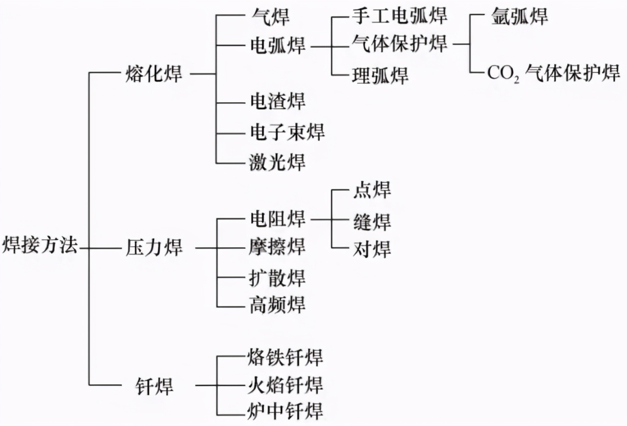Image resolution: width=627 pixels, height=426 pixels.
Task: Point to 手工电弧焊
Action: pos(399,16)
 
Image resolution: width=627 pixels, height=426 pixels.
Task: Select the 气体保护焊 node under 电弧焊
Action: pos(399,44)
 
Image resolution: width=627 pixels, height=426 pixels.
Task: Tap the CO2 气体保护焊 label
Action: pos(554,74)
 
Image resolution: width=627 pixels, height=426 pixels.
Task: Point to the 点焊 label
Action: pos(372,190)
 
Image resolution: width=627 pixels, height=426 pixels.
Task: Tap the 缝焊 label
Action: pos(372,221)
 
